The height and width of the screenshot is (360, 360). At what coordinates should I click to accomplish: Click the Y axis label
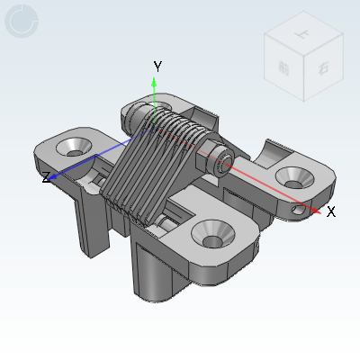(157, 66)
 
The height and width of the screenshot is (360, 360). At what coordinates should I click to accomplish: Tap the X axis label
(331, 211)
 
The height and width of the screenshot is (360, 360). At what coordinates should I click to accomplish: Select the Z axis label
(45, 178)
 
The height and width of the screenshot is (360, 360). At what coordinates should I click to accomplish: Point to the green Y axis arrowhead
(155, 82)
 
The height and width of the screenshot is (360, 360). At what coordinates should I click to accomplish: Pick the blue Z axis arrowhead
(56, 176)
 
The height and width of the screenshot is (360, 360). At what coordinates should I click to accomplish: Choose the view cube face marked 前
(283, 67)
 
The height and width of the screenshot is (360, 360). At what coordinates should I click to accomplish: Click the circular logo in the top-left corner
(22, 22)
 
